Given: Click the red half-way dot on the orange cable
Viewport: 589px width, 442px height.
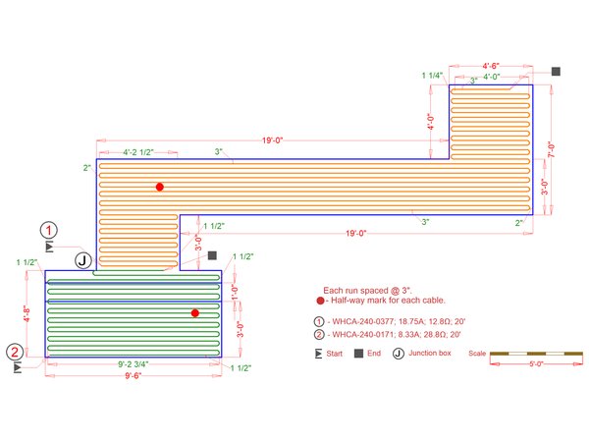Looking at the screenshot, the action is tap(160, 187).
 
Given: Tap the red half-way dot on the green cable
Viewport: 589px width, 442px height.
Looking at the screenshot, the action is tap(195, 313).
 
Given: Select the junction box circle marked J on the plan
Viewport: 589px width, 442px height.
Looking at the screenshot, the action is tap(83, 260).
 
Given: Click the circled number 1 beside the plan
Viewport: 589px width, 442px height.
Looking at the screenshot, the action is tap(49, 230).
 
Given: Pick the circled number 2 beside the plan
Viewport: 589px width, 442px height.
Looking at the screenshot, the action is tap(15, 353).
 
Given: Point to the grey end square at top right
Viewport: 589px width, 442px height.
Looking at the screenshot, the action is tap(556, 72).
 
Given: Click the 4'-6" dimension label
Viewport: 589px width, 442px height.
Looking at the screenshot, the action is tap(491, 66).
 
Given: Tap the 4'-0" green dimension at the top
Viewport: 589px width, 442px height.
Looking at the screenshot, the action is tap(492, 77).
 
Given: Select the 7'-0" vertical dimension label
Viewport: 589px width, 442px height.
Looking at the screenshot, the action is tap(551, 149).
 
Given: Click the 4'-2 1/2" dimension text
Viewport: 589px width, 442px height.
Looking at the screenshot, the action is tap(138, 152).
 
